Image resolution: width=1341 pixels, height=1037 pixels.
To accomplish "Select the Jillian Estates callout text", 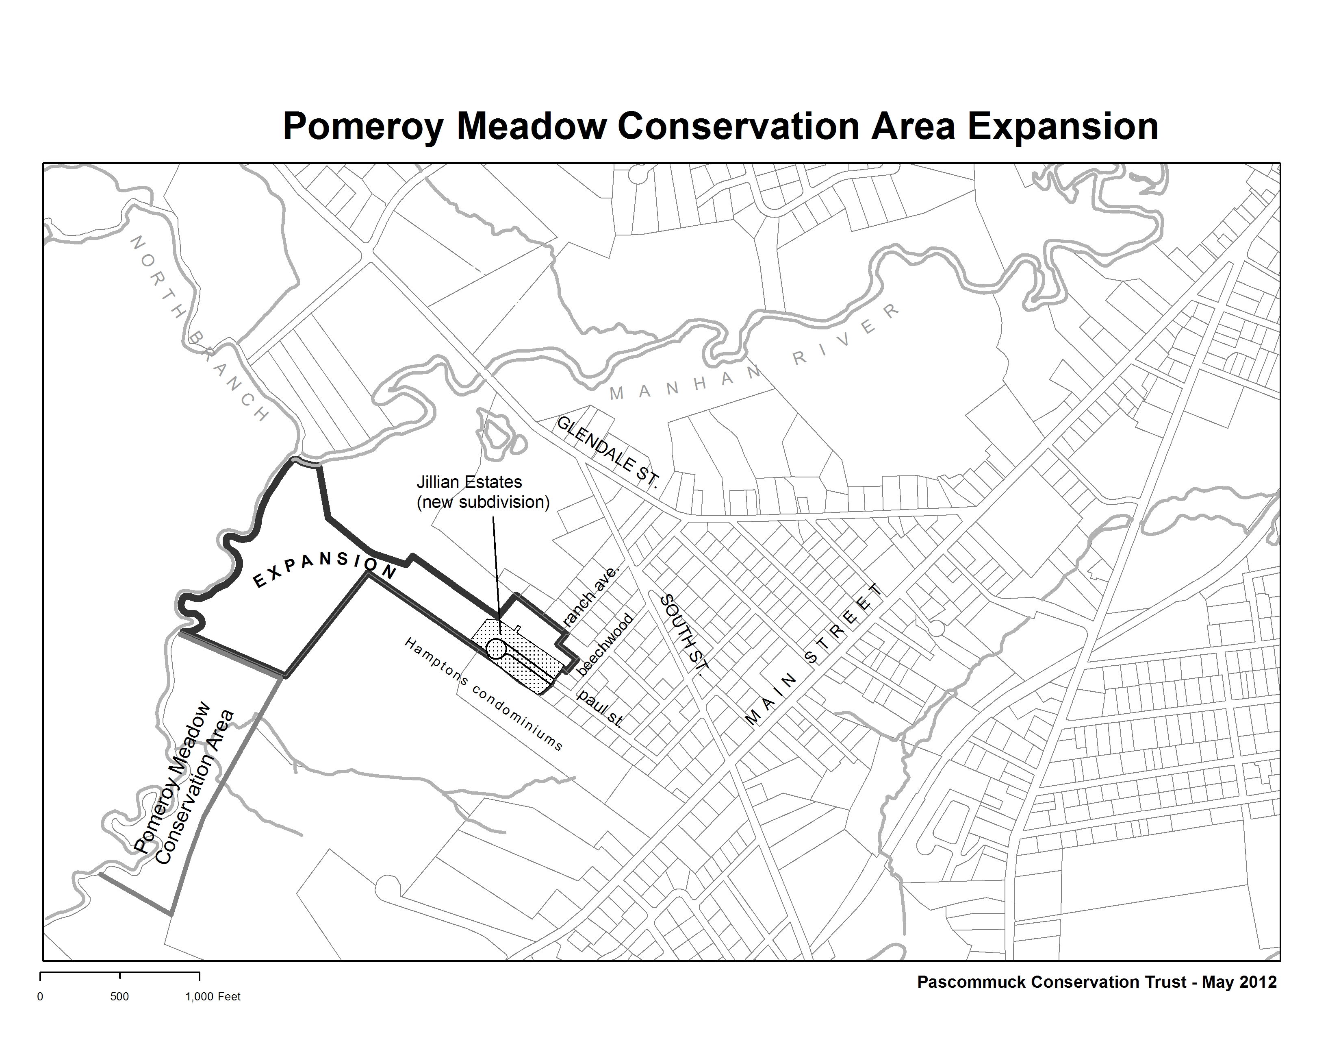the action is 483,492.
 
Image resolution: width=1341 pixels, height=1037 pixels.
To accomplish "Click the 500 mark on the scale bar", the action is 120,996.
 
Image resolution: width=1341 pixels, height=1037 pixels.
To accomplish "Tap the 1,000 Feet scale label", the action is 213,996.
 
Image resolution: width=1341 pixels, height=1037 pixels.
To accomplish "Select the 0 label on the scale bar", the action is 41,996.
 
